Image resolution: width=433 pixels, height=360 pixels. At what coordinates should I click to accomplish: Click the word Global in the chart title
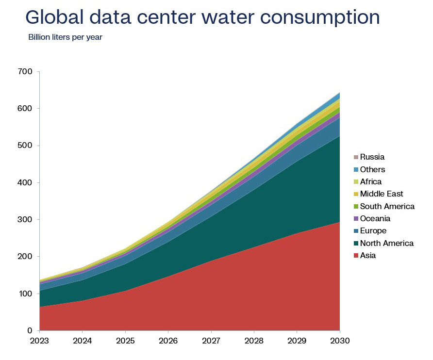[54, 17]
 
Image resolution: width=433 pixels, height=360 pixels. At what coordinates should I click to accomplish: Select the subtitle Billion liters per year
[65, 37]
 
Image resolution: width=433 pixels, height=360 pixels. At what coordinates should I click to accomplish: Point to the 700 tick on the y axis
[25, 71]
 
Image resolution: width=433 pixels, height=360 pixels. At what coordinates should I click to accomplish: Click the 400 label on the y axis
[25, 182]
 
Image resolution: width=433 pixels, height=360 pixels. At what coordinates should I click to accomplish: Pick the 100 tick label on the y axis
[25, 294]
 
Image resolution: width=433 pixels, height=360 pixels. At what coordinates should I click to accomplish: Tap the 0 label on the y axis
[30, 330]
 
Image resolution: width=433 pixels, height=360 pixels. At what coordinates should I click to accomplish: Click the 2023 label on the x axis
[39, 341]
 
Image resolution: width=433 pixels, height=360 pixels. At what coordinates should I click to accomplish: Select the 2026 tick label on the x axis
[168, 341]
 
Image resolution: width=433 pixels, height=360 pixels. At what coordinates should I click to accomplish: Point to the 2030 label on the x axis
[340, 341]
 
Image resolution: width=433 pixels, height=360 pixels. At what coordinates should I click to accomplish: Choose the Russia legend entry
[369, 157]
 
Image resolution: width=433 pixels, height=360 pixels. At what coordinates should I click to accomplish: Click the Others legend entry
[369, 169]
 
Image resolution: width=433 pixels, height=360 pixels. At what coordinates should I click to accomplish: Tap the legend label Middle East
[382, 194]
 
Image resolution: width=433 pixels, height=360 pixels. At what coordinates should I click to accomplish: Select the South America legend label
[387, 206]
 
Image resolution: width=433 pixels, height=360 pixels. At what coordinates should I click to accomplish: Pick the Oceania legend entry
[372, 219]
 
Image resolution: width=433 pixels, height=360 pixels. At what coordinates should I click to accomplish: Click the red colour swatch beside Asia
[356, 255]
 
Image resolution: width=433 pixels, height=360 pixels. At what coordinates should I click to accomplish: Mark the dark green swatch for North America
[356, 243]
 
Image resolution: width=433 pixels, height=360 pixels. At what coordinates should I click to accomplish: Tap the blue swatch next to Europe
[356, 231]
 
